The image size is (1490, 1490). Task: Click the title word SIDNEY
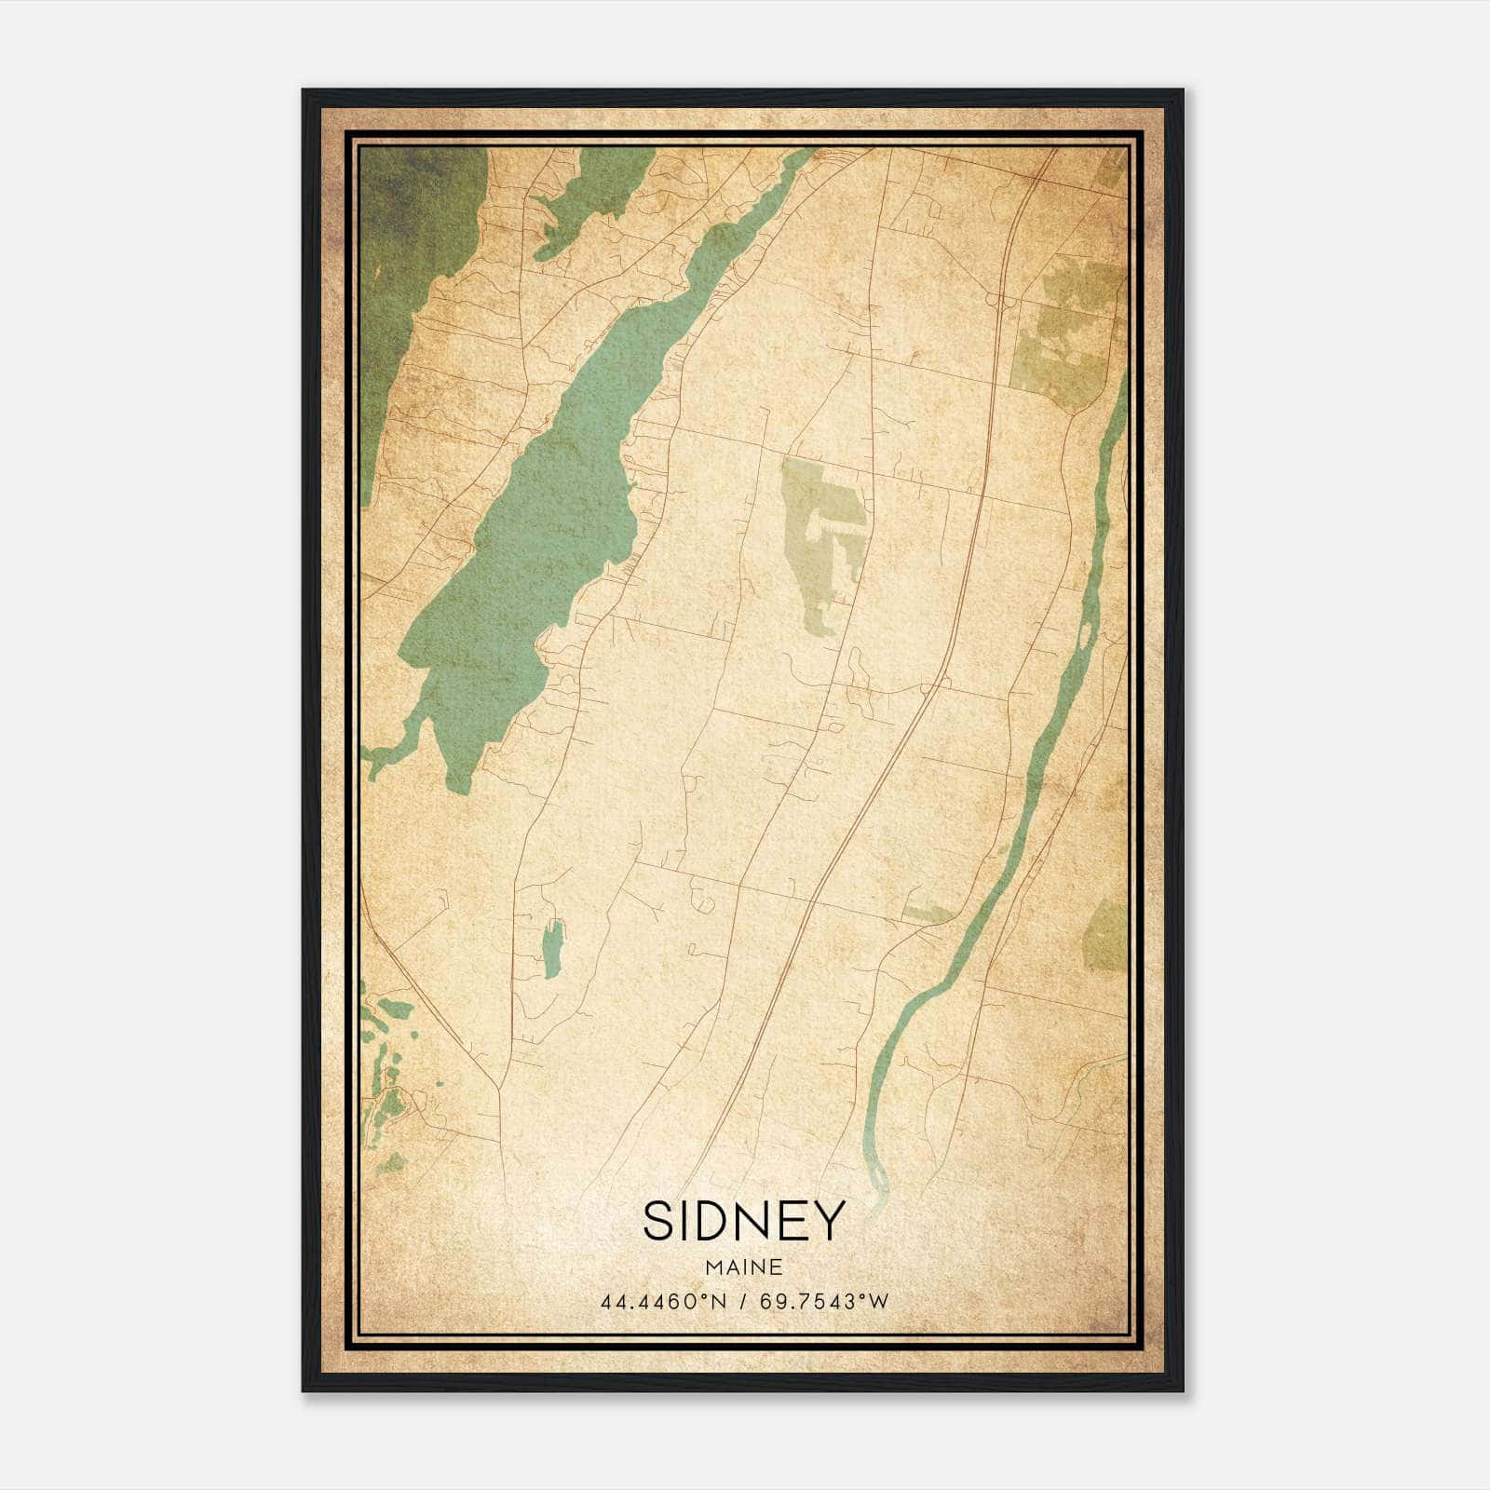pos(743,1221)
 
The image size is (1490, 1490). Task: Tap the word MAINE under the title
pos(743,1267)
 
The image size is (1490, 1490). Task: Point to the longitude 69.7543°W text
pos(824,1302)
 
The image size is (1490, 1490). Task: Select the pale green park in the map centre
pos(819,521)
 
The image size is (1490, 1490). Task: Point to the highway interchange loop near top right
pos(1000,300)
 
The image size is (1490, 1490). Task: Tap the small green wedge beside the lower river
pos(927,914)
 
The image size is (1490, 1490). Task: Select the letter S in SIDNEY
pos(657,1221)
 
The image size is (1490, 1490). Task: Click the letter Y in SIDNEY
pos(829,1221)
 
